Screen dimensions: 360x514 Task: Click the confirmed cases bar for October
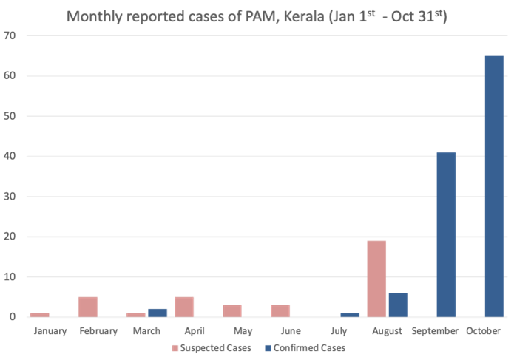pyautogui.click(x=494, y=186)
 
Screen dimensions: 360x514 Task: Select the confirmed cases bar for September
pyautogui.click(x=446, y=234)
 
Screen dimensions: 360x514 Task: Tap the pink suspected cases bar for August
pyautogui.click(x=376, y=279)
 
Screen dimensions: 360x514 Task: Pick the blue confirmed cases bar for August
pyautogui.click(x=398, y=305)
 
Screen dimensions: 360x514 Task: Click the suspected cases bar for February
pyautogui.click(x=89, y=307)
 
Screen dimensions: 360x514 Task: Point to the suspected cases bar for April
pyautogui.click(x=184, y=307)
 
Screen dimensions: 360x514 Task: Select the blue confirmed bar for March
pyautogui.click(x=158, y=313)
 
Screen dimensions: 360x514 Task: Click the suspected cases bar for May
pyautogui.click(x=232, y=310)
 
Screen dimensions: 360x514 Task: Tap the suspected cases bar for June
pyautogui.click(x=280, y=310)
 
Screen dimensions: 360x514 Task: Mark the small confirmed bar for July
pyautogui.click(x=350, y=315)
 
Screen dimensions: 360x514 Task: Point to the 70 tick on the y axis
pyautogui.click(x=11, y=35)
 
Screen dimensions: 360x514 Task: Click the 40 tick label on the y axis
pyautogui.click(x=11, y=157)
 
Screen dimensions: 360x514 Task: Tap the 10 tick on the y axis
pyautogui.click(x=11, y=277)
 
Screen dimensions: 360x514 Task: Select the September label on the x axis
pyautogui.click(x=435, y=330)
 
